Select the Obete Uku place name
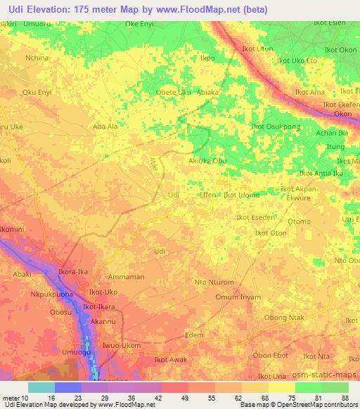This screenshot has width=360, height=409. [173, 92]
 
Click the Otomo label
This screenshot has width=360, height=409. [299, 221]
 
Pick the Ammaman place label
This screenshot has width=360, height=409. [127, 277]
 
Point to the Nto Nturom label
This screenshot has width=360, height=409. [214, 283]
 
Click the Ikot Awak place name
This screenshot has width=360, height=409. [171, 361]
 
